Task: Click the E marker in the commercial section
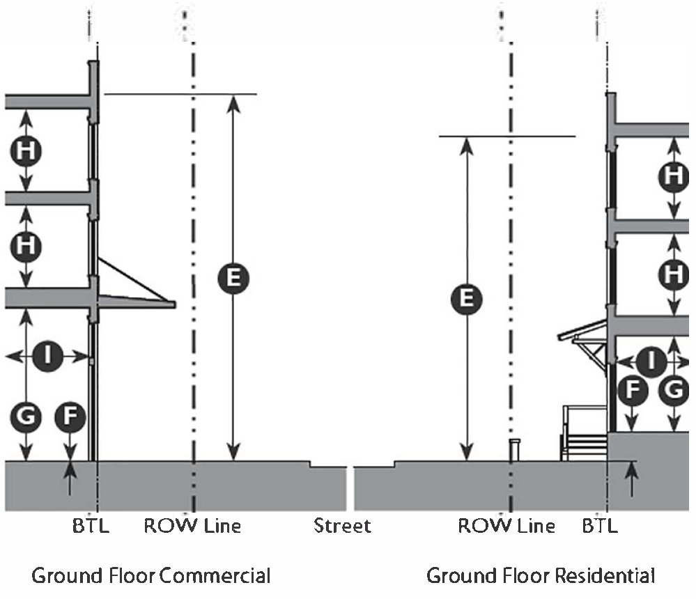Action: click(x=233, y=278)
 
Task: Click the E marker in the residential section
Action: click(x=467, y=298)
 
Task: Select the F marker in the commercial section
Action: click(x=70, y=418)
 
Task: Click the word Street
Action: click(x=342, y=525)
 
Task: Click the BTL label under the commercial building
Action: click(x=91, y=525)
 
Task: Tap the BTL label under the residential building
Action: click(x=600, y=525)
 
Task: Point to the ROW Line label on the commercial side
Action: click(x=192, y=525)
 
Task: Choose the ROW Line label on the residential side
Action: click(x=506, y=525)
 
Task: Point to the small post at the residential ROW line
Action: click(x=515, y=450)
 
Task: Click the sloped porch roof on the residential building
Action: click(x=582, y=329)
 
